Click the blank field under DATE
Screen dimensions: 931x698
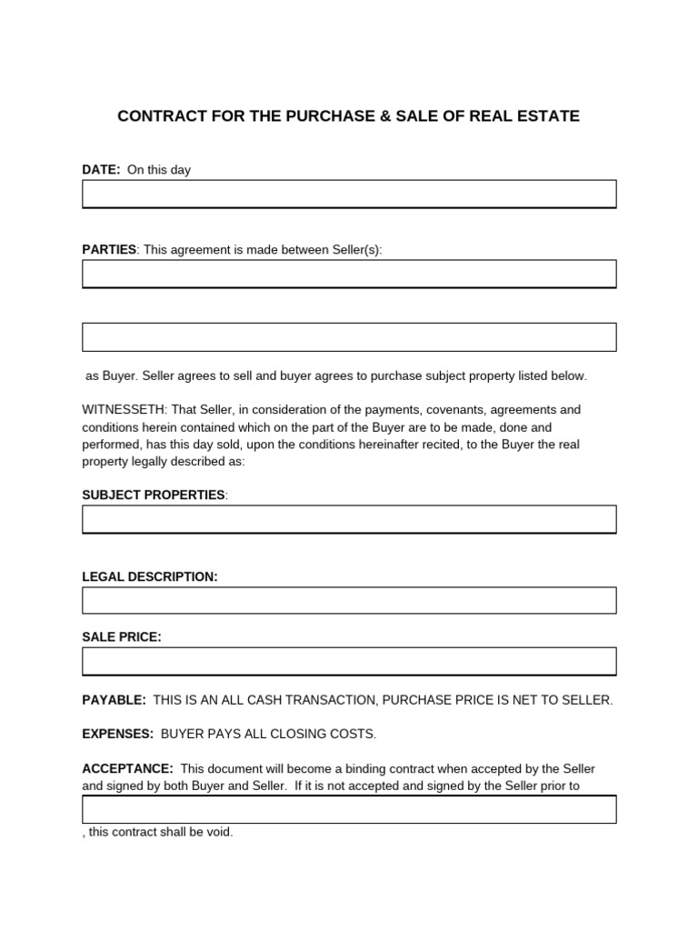click(x=349, y=194)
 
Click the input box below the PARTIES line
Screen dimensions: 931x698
click(x=349, y=274)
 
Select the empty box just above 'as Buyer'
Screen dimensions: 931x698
click(x=349, y=336)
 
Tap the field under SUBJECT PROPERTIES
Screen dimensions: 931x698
click(x=349, y=519)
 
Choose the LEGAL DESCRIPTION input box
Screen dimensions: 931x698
click(x=349, y=600)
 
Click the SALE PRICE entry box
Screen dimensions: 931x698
click(x=349, y=661)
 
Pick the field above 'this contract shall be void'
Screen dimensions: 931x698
click(x=349, y=809)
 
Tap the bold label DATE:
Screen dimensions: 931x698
click(x=101, y=170)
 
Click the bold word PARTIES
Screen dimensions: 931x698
click(x=109, y=249)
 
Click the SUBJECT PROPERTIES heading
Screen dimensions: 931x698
click(x=154, y=495)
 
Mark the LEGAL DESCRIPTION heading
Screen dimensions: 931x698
click(x=150, y=576)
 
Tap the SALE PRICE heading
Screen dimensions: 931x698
click(x=122, y=637)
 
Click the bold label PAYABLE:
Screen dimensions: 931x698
click(x=114, y=700)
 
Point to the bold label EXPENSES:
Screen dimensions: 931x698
click(x=118, y=734)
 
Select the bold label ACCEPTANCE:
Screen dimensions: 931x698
click(x=128, y=769)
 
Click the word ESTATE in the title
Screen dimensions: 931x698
click(x=549, y=116)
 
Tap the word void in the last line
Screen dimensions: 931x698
click(x=221, y=832)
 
